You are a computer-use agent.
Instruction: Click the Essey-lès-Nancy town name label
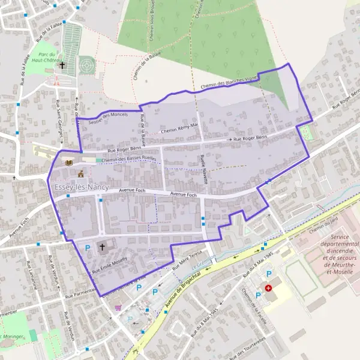click(82, 187)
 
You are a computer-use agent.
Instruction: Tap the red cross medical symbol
click(268, 288)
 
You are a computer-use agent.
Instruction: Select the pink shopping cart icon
click(118, 308)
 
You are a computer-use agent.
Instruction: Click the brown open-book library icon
click(69, 163)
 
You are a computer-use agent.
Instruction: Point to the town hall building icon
click(81, 173)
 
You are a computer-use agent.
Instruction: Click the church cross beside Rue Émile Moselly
click(102, 246)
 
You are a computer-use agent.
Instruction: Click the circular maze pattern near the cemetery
click(88, 62)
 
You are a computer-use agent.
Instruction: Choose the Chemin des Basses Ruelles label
click(129, 160)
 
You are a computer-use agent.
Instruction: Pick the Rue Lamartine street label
click(30, 276)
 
